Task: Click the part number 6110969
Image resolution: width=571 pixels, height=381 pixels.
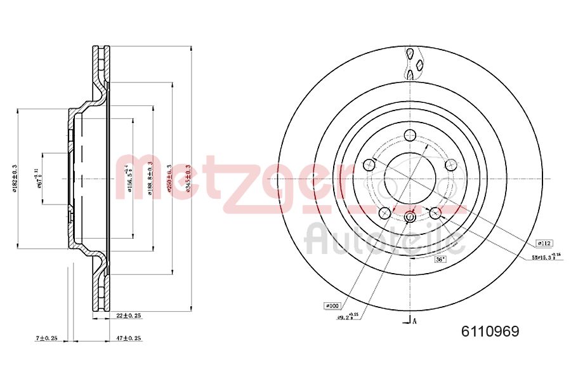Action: [490, 331]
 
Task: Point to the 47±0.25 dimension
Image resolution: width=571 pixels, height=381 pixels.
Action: [128, 338]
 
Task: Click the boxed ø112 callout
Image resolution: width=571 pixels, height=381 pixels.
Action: [545, 243]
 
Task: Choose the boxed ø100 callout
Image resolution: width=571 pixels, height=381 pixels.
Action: [332, 306]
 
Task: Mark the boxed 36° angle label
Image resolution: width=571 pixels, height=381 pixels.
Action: [440, 259]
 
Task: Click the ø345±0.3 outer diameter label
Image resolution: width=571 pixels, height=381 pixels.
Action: [189, 178]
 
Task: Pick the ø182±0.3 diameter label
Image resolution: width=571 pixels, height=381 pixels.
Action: [14, 180]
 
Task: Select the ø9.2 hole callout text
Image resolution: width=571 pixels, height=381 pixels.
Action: [347, 316]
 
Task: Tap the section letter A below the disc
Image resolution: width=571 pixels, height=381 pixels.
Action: [415, 321]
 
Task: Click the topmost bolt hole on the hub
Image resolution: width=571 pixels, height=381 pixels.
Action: [410, 135]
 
